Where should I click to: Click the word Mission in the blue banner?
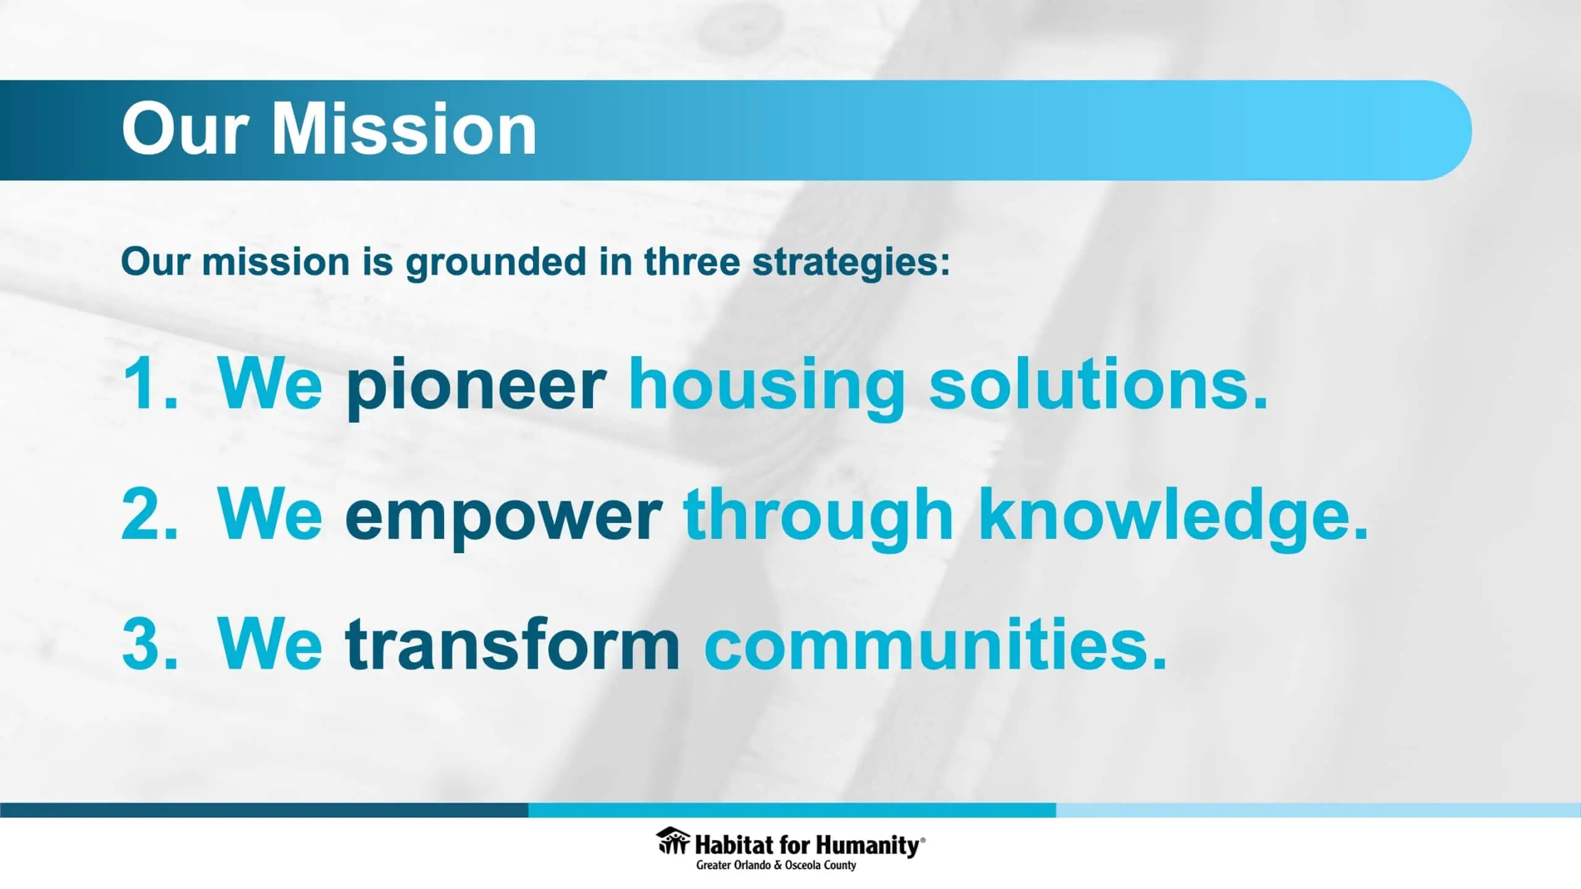point(404,128)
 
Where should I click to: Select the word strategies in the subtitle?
point(851,262)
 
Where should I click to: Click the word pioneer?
point(475,388)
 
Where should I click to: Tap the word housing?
point(766,388)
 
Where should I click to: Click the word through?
point(818,518)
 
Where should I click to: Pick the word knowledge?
point(1174,518)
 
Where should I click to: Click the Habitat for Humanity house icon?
point(673,841)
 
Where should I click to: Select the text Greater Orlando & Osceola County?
point(776,866)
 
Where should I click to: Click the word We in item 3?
point(270,643)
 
